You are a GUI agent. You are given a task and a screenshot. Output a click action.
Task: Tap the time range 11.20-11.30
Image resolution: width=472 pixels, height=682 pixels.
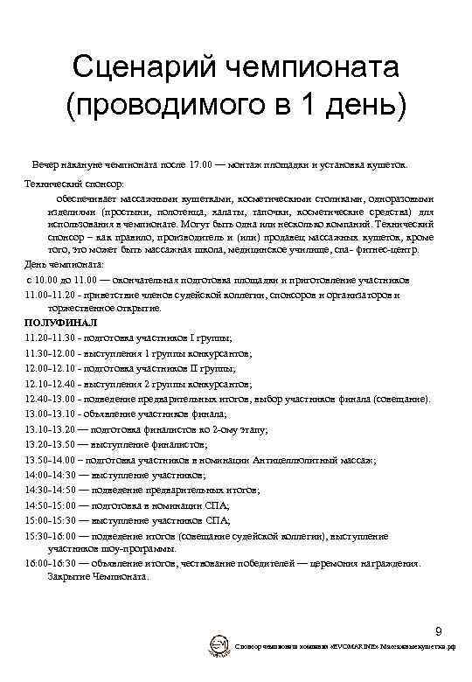pos(49,337)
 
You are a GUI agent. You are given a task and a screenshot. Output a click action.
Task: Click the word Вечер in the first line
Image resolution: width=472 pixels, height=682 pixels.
pos(45,164)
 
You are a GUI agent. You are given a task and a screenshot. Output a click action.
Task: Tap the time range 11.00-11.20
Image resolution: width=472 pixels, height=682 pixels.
pos(49,296)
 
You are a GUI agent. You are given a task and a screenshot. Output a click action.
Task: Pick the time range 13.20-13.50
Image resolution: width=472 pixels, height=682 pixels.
pos(49,444)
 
